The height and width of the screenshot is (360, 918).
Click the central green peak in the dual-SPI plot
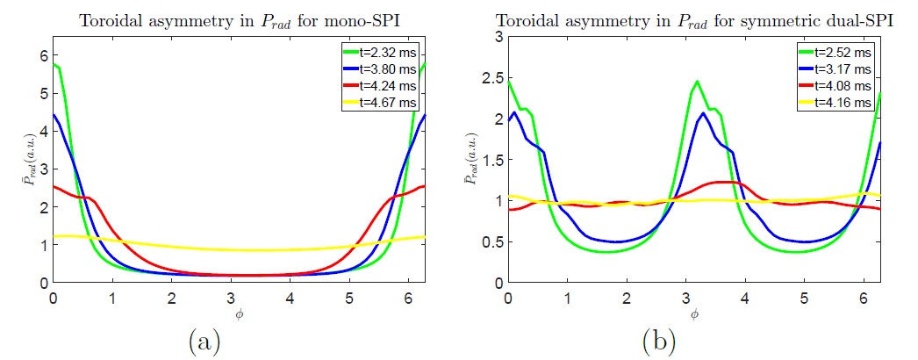point(695,82)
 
